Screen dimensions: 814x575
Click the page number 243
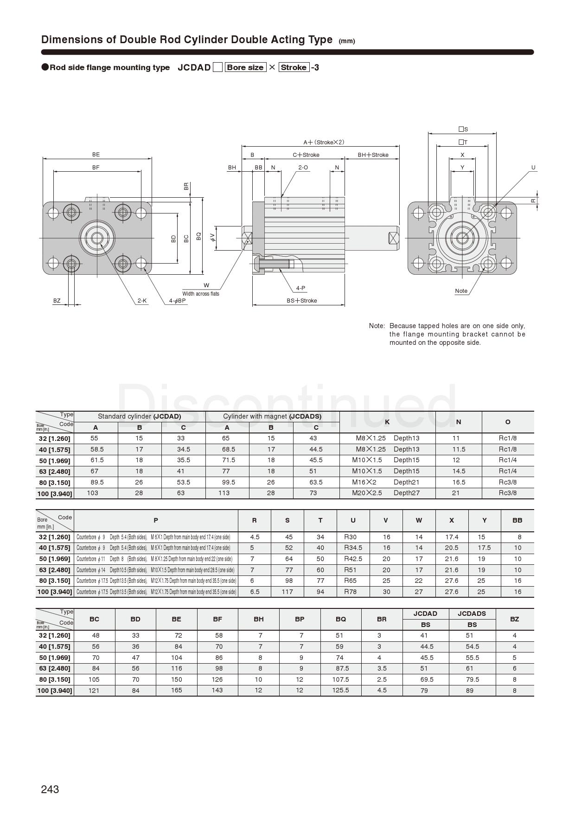click(50, 789)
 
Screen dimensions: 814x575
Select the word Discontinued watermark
click(287, 406)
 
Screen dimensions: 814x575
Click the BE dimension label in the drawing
click(96, 155)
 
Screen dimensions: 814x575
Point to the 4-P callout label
click(301, 288)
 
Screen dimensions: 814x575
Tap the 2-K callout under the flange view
click(142, 301)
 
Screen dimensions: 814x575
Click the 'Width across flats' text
click(201, 294)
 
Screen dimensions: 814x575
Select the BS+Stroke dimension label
click(302, 301)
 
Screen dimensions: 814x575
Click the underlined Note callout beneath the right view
click(461, 291)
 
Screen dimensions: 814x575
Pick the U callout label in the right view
click(533, 168)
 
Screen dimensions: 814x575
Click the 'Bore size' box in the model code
click(246, 67)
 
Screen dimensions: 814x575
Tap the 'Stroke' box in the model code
click(294, 67)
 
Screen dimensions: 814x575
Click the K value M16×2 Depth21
click(385, 482)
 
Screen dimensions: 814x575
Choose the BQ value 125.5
click(340, 690)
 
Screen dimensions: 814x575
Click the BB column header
click(517, 520)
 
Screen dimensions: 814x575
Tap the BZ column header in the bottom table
click(514, 619)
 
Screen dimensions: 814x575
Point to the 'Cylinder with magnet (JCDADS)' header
click(272, 416)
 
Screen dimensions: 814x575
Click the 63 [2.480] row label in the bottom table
click(55, 669)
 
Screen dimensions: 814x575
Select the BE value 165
click(177, 690)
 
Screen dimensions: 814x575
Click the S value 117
click(287, 592)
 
